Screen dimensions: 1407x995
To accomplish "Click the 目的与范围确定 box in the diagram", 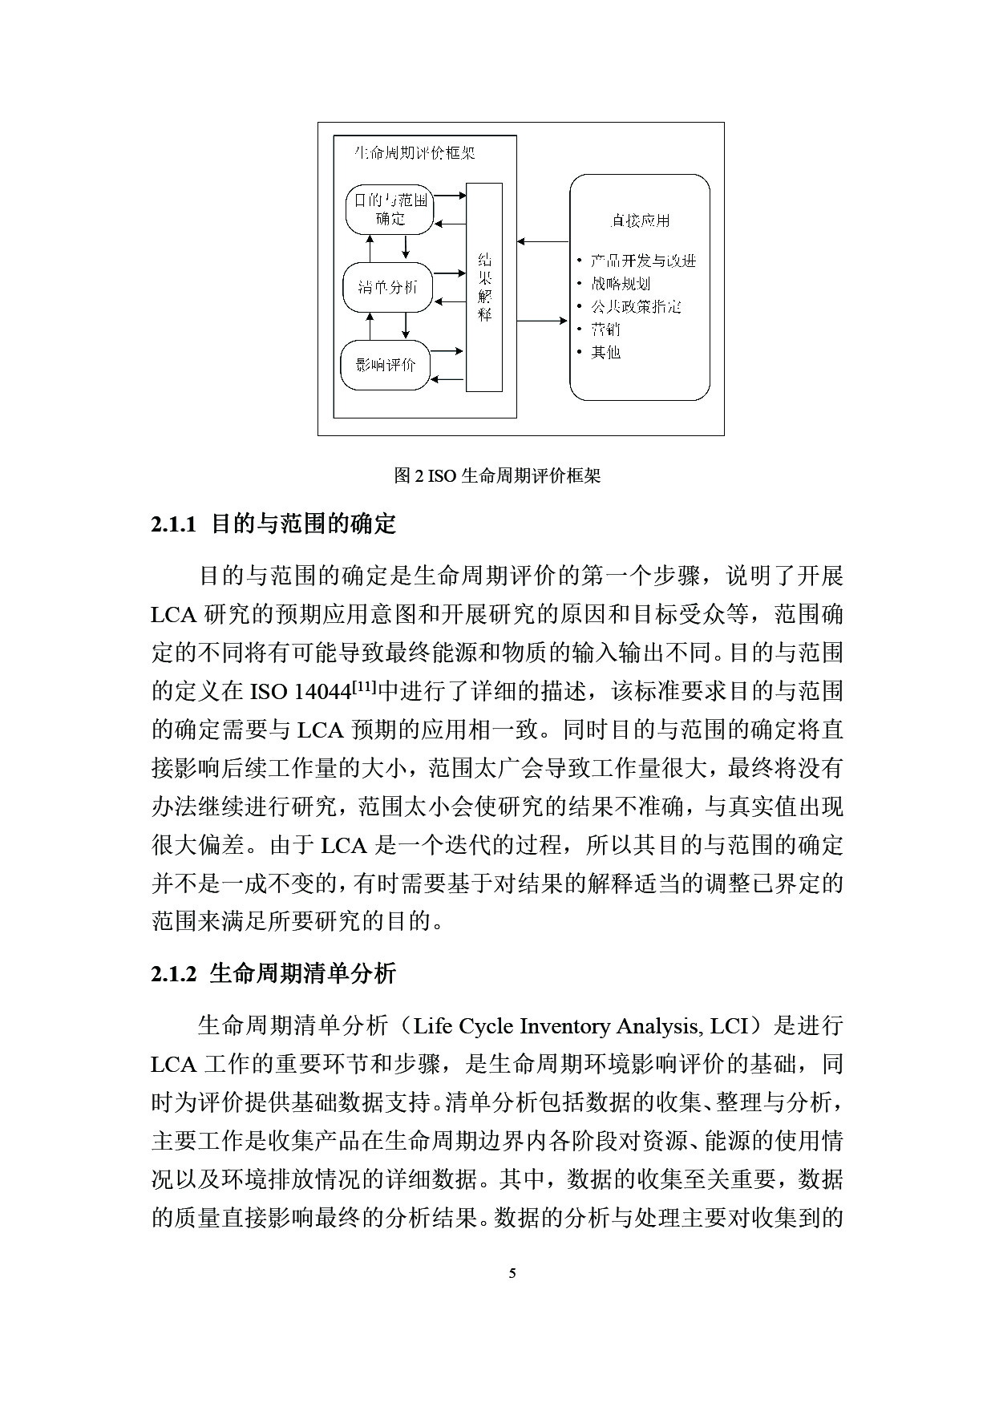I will [390, 209].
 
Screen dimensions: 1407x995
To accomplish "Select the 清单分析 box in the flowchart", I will [387, 286].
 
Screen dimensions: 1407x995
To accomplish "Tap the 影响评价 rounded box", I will [386, 365].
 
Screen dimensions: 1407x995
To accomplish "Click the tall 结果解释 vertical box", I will [484, 287].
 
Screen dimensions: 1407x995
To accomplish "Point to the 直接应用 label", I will [639, 220].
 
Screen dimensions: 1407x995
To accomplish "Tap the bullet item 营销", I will [605, 329].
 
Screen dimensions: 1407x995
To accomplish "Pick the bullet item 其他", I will [605, 352].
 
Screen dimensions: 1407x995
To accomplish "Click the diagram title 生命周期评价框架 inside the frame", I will [415, 152].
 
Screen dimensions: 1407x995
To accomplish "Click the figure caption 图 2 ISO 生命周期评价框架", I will [497, 476].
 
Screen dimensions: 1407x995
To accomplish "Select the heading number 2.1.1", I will [173, 525].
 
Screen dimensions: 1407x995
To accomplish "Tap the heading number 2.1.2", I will [173, 974].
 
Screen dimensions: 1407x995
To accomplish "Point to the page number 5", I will [513, 1273].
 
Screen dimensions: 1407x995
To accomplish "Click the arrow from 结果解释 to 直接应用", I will [543, 321].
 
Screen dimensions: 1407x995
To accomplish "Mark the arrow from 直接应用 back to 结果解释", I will [543, 241].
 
